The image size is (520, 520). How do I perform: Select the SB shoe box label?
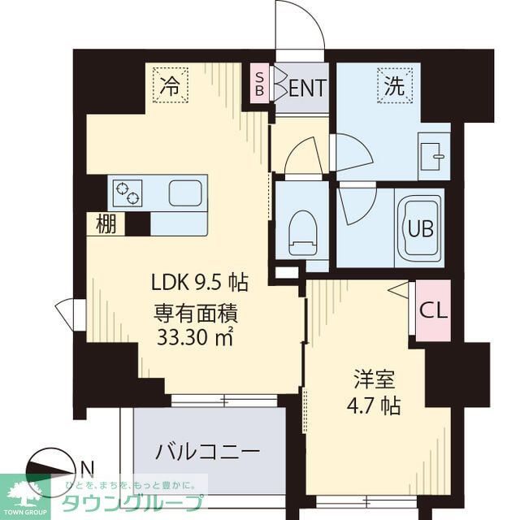click(x=259, y=84)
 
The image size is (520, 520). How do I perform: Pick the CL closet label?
click(x=431, y=310)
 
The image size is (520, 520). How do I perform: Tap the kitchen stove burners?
click(x=128, y=193)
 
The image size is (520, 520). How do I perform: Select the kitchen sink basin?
click(x=185, y=193)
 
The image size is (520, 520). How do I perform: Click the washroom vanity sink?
click(x=433, y=154)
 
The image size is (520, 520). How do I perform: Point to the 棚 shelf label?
click(x=106, y=223)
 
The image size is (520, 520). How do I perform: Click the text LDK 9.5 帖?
click(x=200, y=284)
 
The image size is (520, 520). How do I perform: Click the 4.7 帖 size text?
click(x=375, y=405)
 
